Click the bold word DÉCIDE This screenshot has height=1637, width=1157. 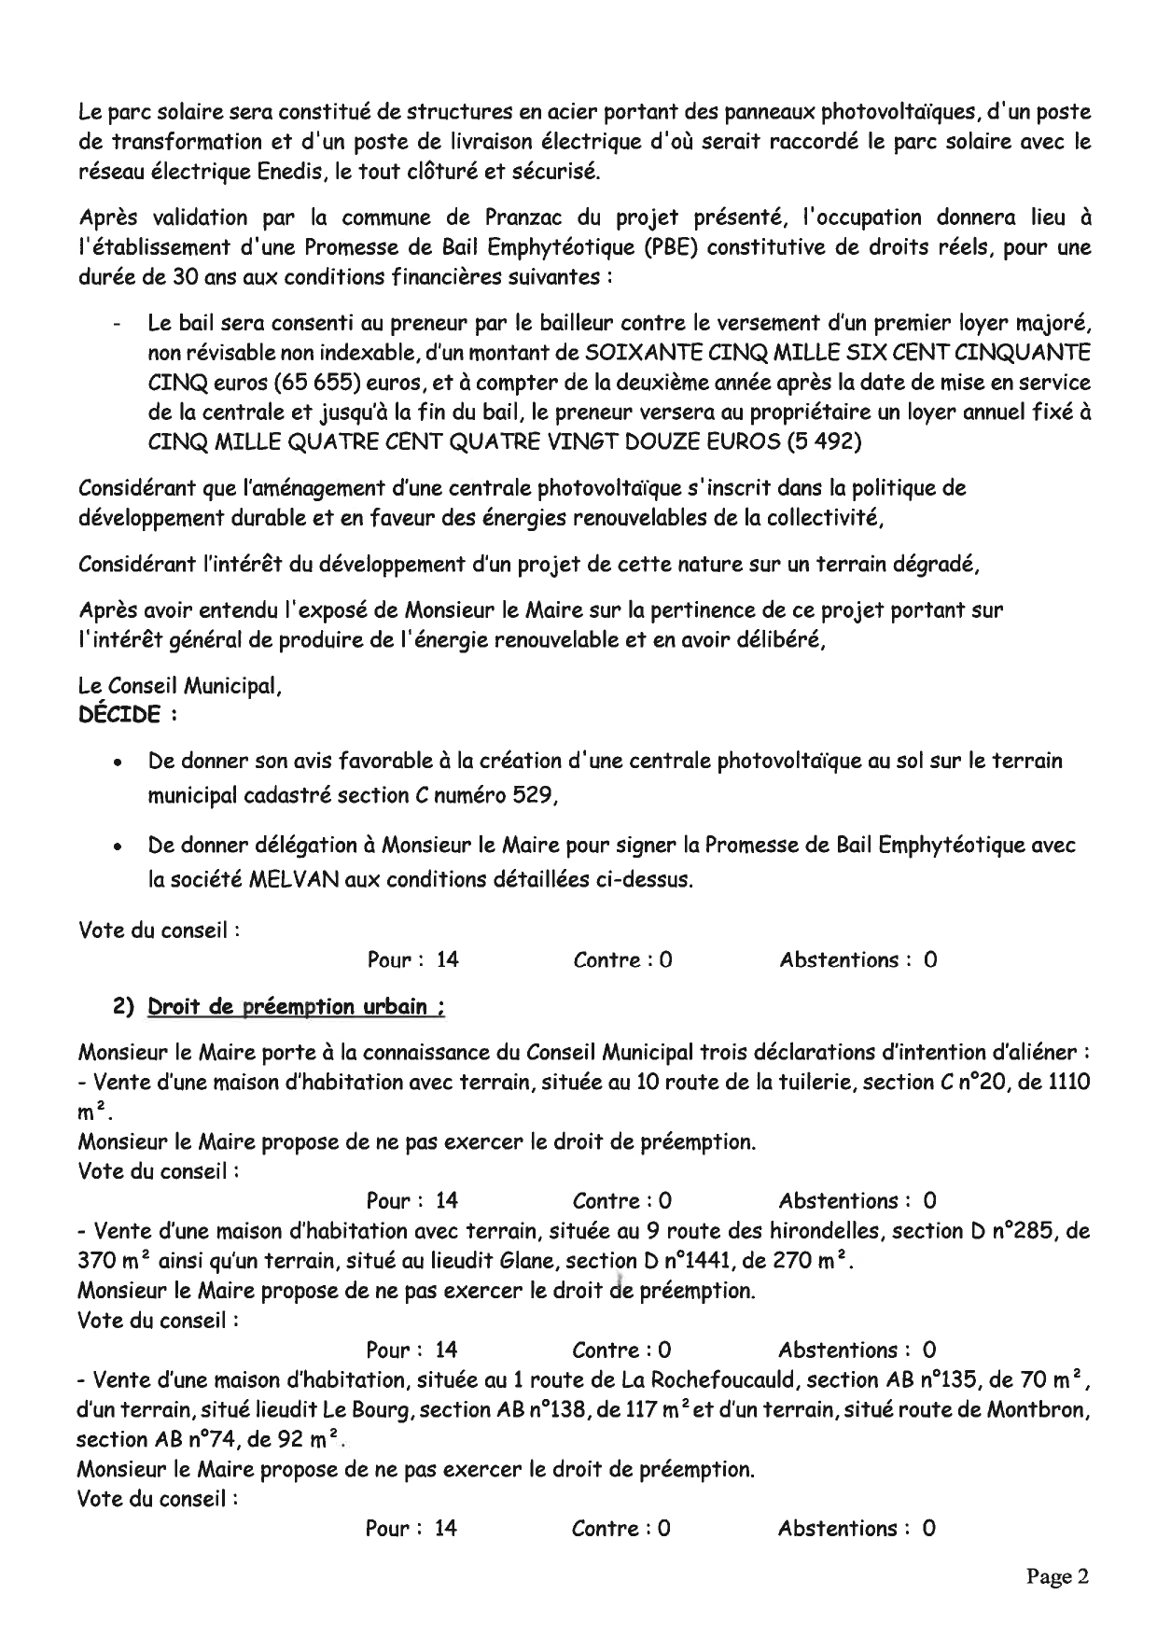click(119, 715)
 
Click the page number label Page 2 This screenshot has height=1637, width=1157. click(1057, 1576)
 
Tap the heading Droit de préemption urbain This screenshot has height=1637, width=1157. click(296, 1007)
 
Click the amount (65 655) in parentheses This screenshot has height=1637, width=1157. click(324, 384)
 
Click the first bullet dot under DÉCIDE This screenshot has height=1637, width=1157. click(117, 763)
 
